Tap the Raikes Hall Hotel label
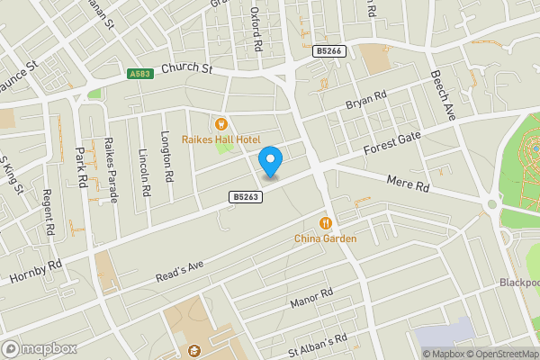pos(221,139)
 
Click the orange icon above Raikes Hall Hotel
pos(221,123)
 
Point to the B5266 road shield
pos(329,52)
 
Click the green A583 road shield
pos(139,74)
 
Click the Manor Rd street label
pos(312,299)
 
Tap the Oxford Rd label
pos(256,30)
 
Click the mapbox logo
pos(40,348)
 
